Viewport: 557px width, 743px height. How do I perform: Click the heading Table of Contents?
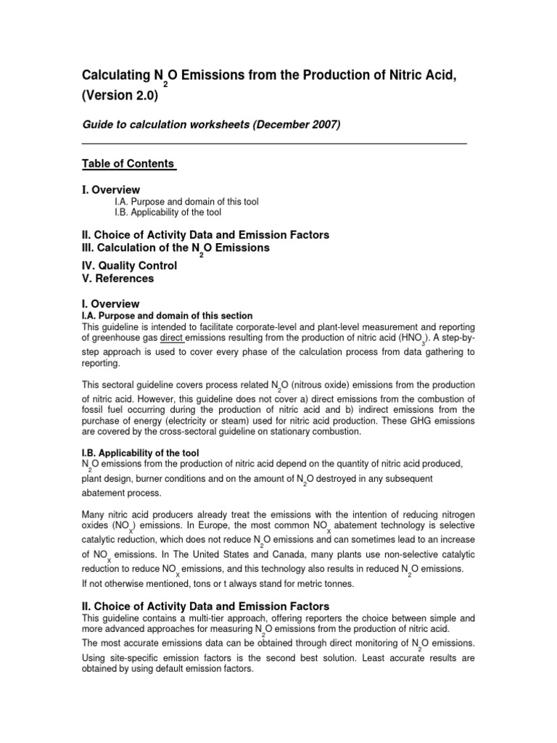click(x=128, y=163)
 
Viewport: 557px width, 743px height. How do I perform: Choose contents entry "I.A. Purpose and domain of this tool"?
click(x=186, y=202)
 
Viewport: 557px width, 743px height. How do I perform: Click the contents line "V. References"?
click(x=117, y=279)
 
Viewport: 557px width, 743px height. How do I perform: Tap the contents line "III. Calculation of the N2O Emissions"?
click(x=176, y=248)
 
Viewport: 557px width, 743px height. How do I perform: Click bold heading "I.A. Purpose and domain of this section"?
click(x=167, y=316)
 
